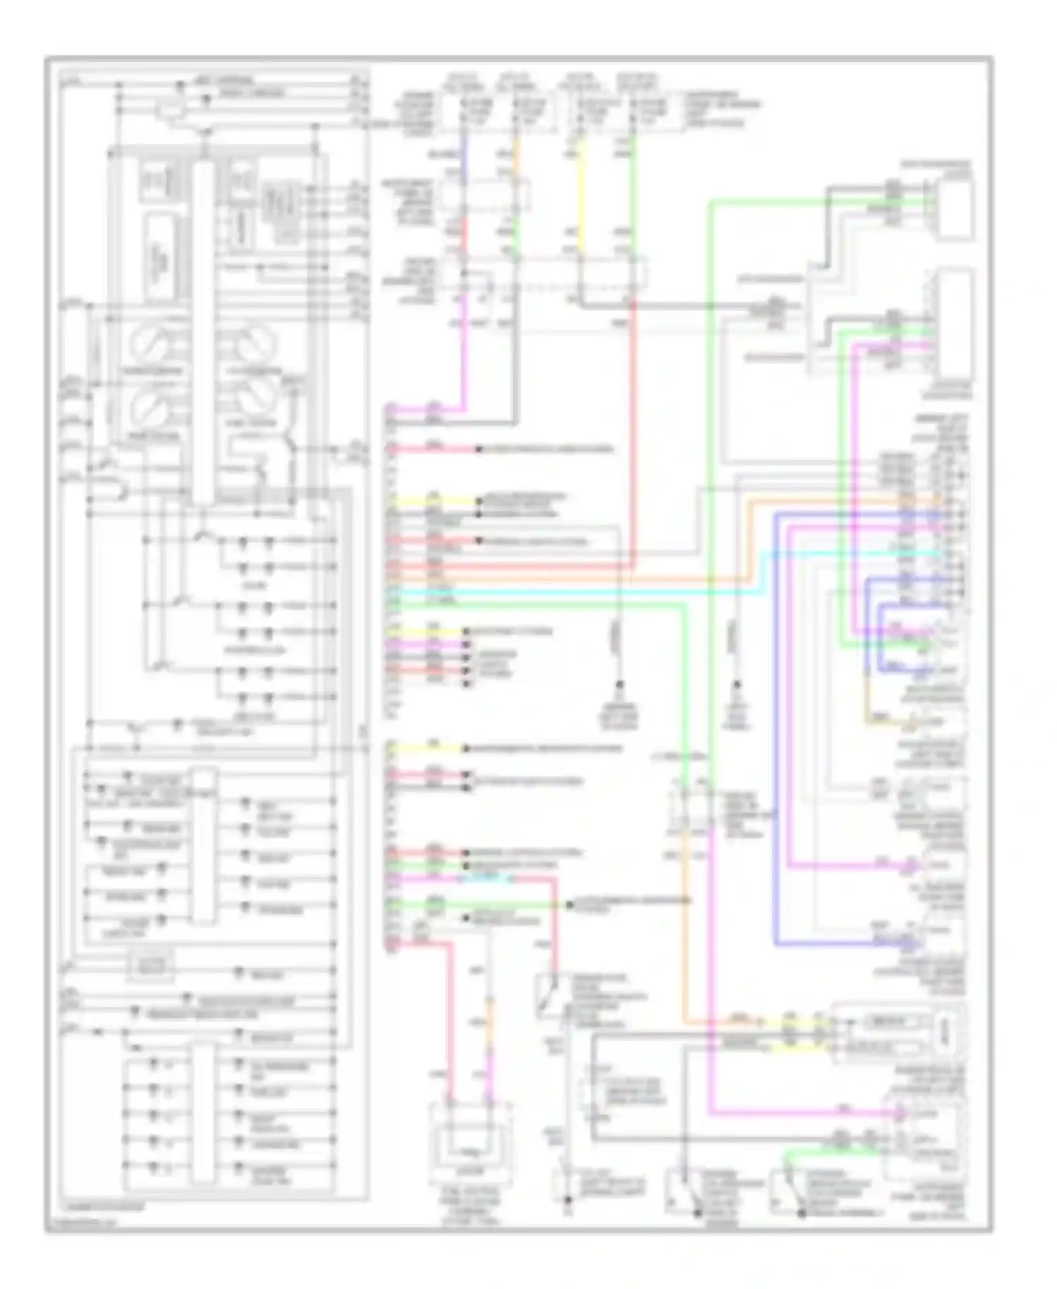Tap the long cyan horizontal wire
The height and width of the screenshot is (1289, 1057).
[564, 592]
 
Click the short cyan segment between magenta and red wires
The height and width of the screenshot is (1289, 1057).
[486, 879]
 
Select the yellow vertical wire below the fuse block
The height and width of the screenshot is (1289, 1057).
[579, 190]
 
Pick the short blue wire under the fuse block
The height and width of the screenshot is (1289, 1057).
[463, 148]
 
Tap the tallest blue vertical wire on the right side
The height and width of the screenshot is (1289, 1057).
[775, 726]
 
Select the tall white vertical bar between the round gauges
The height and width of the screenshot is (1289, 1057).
[203, 331]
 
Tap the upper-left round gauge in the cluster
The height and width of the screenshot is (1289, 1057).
[149, 344]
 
